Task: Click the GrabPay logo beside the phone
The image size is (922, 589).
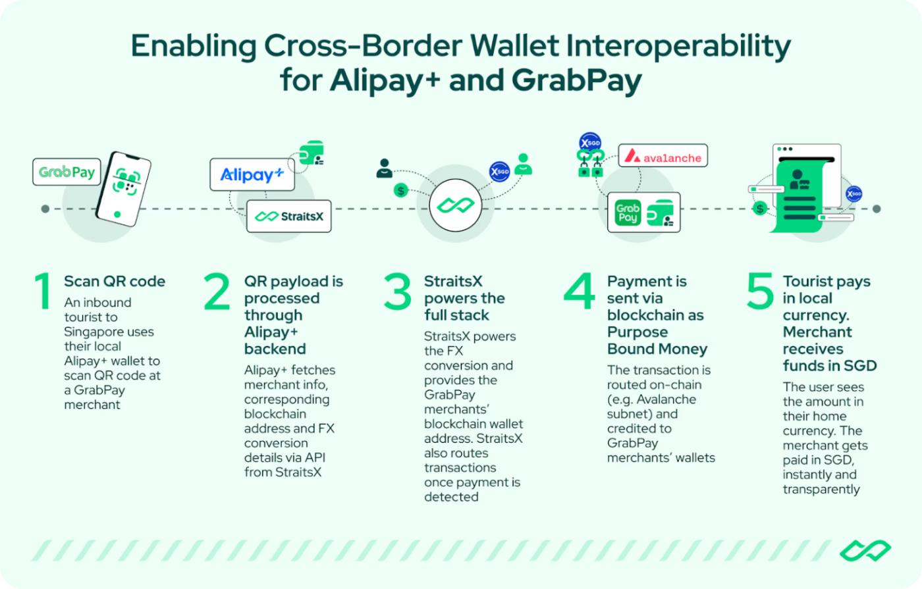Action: [67, 172]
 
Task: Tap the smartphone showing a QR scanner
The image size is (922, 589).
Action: [123, 189]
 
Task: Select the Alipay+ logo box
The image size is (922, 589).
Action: [252, 174]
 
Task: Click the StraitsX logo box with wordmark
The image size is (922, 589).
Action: [289, 217]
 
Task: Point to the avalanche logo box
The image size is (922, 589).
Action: [663, 155]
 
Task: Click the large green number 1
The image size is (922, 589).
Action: [43, 291]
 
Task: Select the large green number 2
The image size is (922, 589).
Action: [217, 291]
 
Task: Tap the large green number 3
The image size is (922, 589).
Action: [397, 291]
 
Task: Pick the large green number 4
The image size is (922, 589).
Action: [579, 291]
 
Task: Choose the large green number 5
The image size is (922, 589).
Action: [760, 291]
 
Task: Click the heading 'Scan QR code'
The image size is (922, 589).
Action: [115, 282]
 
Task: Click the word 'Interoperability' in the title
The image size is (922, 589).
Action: [678, 46]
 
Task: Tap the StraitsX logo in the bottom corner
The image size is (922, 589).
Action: [865, 551]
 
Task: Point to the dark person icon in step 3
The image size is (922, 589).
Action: [384, 168]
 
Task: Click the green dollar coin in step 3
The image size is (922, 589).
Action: [400, 190]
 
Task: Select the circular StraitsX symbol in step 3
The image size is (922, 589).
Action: [456, 205]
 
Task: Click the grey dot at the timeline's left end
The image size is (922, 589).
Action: [45, 209]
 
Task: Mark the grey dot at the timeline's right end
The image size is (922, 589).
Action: [877, 209]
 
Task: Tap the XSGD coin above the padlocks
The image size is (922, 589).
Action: [590, 143]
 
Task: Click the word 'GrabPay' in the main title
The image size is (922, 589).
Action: [577, 80]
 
